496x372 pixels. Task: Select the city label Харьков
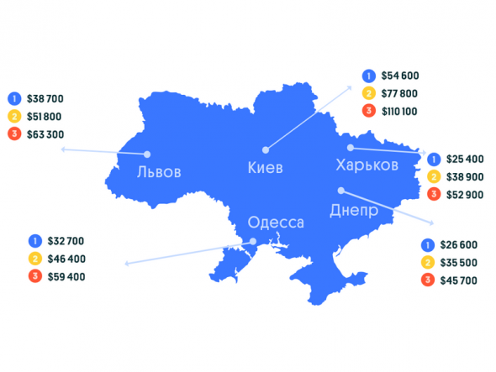pos(367,165)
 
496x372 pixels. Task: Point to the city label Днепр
pos(354,207)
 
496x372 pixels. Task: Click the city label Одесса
pos(275,223)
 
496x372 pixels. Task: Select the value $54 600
pos(399,75)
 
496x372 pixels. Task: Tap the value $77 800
pos(399,92)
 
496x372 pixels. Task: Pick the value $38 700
pos(45,97)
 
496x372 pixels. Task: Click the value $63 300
pos(45,134)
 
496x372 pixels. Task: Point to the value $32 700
pos(67,241)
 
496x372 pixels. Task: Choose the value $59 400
pos(67,276)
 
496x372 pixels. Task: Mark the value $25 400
pos(465,159)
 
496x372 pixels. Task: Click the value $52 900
pos(465,195)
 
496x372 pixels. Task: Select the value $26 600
pos(458,244)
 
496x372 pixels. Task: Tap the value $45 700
pos(458,280)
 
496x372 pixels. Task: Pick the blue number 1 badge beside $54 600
pos(367,75)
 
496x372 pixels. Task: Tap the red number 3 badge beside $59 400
pos(34,276)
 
